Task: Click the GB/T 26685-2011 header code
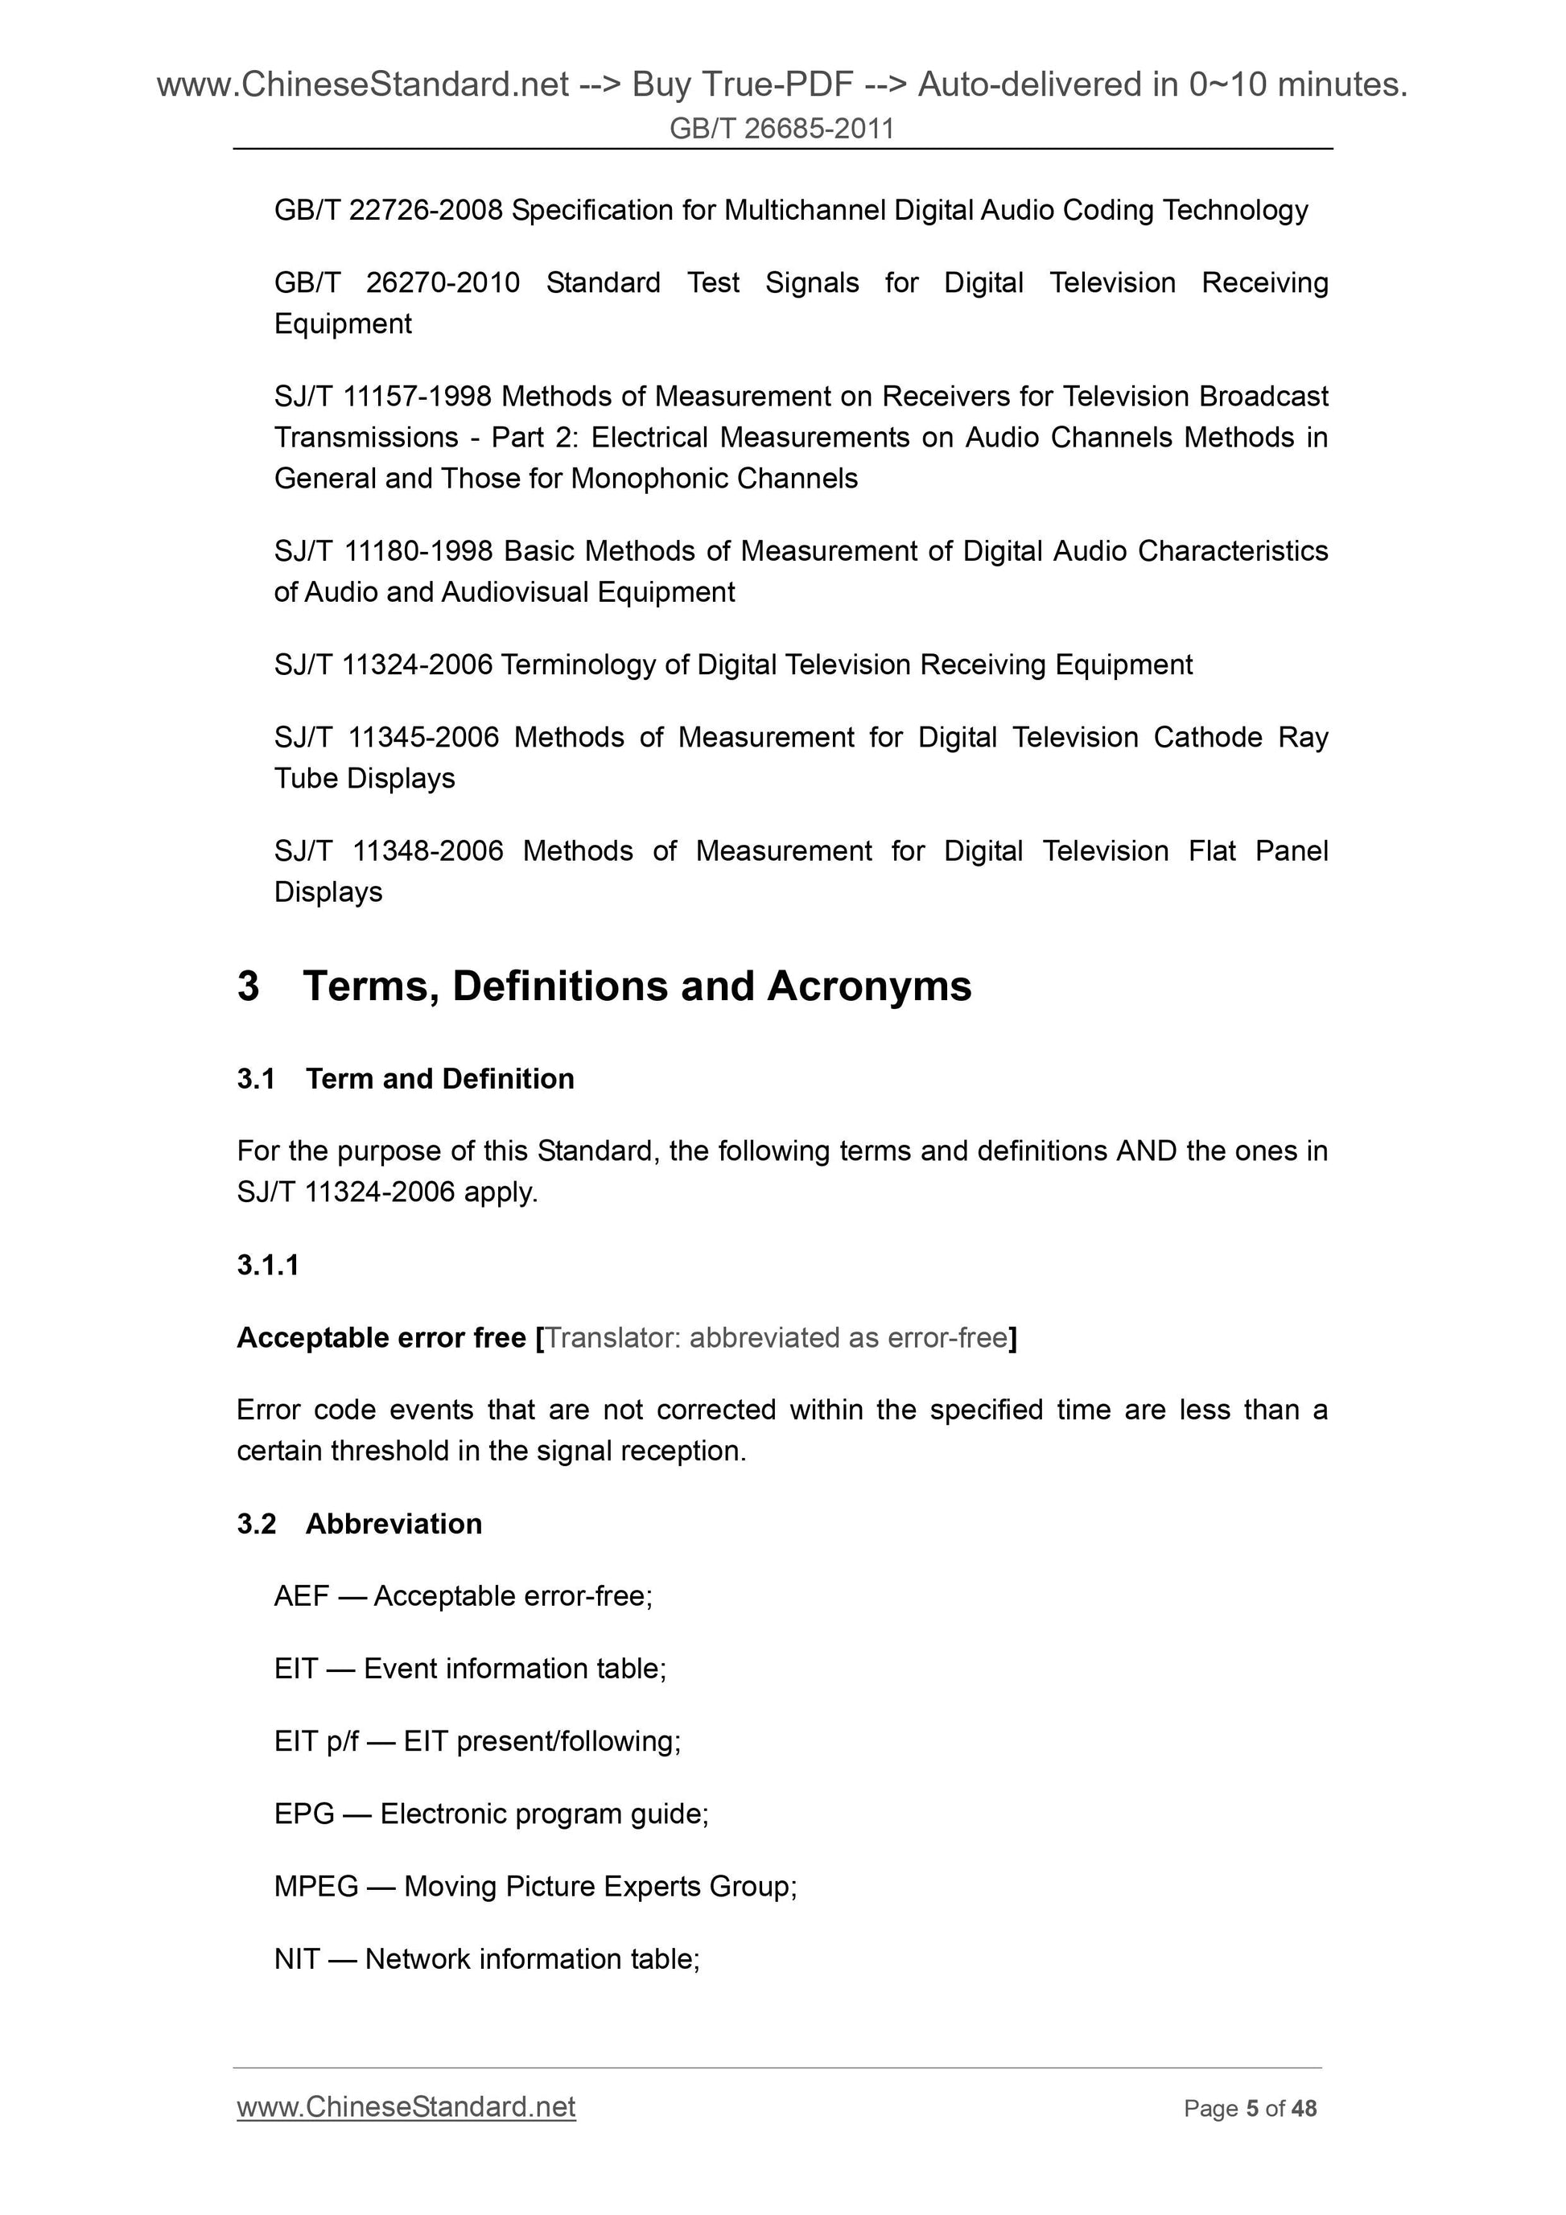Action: [781, 128]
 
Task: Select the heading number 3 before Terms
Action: [248, 986]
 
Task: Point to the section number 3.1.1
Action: [268, 1265]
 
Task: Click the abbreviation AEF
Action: [302, 1596]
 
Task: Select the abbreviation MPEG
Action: [316, 1886]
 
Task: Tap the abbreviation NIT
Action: [296, 1959]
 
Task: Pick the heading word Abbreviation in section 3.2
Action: [394, 1524]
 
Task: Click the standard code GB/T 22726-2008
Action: [388, 210]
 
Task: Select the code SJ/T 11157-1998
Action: [383, 397]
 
